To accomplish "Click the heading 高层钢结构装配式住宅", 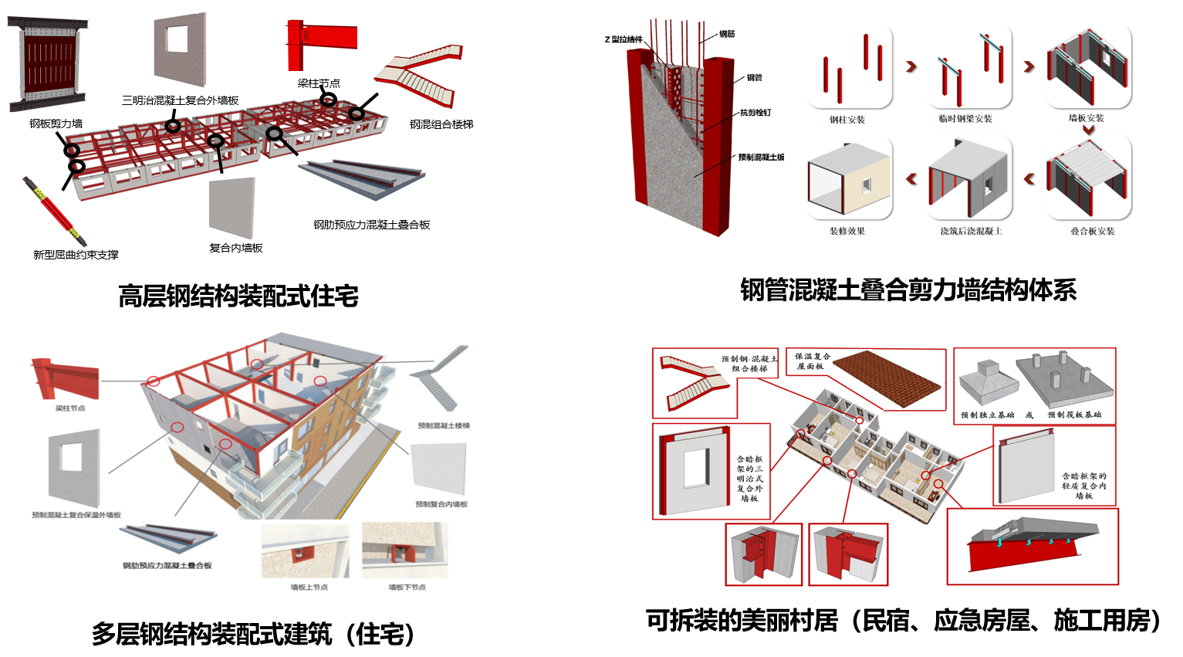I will tap(238, 296).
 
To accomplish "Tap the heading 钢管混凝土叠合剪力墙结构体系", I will tap(908, 290).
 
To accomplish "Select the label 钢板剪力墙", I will tap(56, 124).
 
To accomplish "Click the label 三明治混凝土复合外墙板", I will tap(180, 100).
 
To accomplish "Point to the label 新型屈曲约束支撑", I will tap(76, 255).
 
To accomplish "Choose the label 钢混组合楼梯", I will tap(441, 124).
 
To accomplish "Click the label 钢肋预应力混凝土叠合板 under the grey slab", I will tap(371, 225).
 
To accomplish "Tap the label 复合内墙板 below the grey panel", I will tap(236, 248).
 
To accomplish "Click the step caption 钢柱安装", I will tap(847, 120).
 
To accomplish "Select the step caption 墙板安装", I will tap(1087, 118).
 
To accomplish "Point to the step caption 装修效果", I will tap(847, 231).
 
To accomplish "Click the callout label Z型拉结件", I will tap(623, 39).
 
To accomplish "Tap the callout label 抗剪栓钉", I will tap(755, 113).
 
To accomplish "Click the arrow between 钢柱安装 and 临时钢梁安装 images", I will tap(911, 67).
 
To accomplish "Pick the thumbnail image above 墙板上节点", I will tap(305, 550).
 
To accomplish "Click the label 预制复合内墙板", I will tap(441, 504).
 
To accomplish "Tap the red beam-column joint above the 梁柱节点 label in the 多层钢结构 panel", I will tap(66, 378).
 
